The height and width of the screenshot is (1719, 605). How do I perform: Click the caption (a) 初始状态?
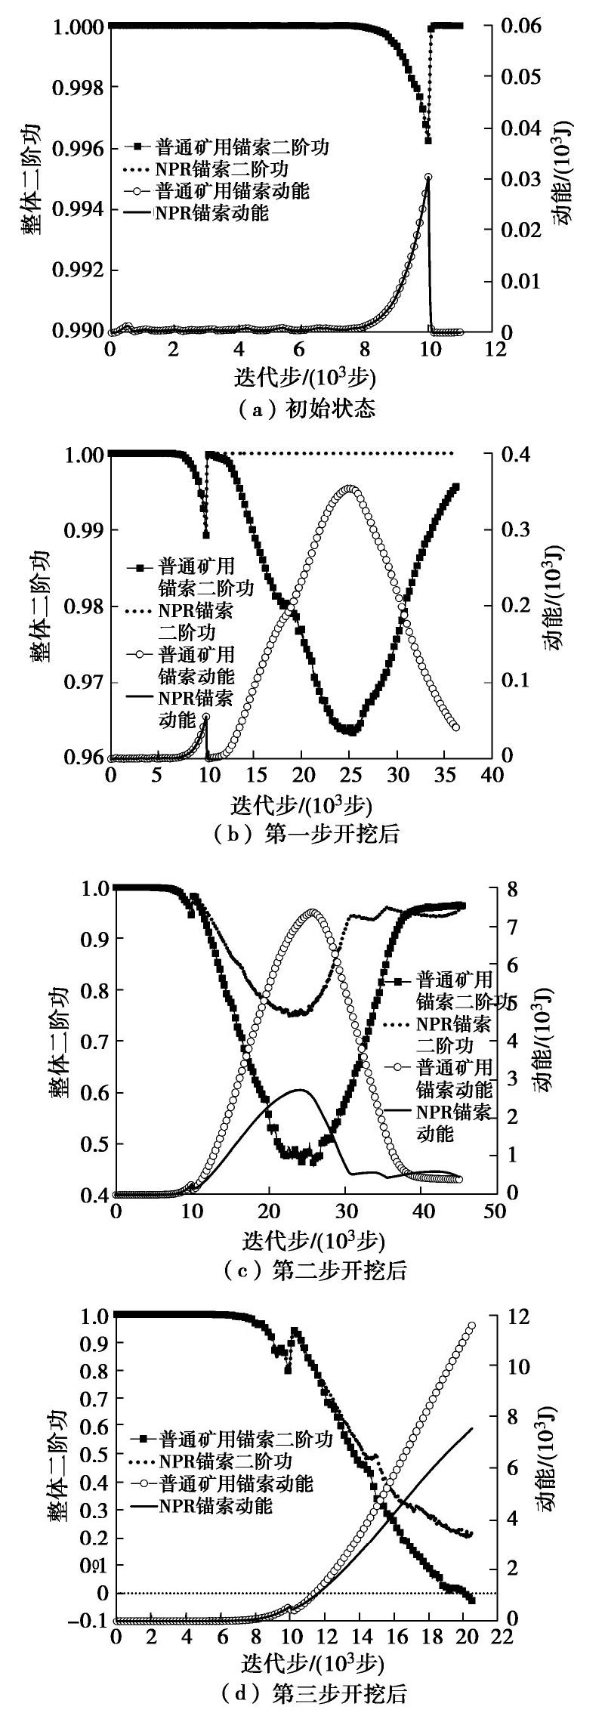pyautogui.click(x=302, y=409)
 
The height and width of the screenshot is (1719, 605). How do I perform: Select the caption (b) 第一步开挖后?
pyautogui.click(x=302, y=834)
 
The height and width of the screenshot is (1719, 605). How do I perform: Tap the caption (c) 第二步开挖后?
pyautogui.click(x=302, y=1270)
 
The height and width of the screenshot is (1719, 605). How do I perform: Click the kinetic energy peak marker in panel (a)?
pyautogui.click(x=428, y=177)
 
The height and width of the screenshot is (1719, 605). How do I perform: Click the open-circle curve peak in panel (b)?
pyautogui.click(x=348, y=489)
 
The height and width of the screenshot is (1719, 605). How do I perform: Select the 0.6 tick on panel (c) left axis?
pyautogui.click(x=90, y=1093)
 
